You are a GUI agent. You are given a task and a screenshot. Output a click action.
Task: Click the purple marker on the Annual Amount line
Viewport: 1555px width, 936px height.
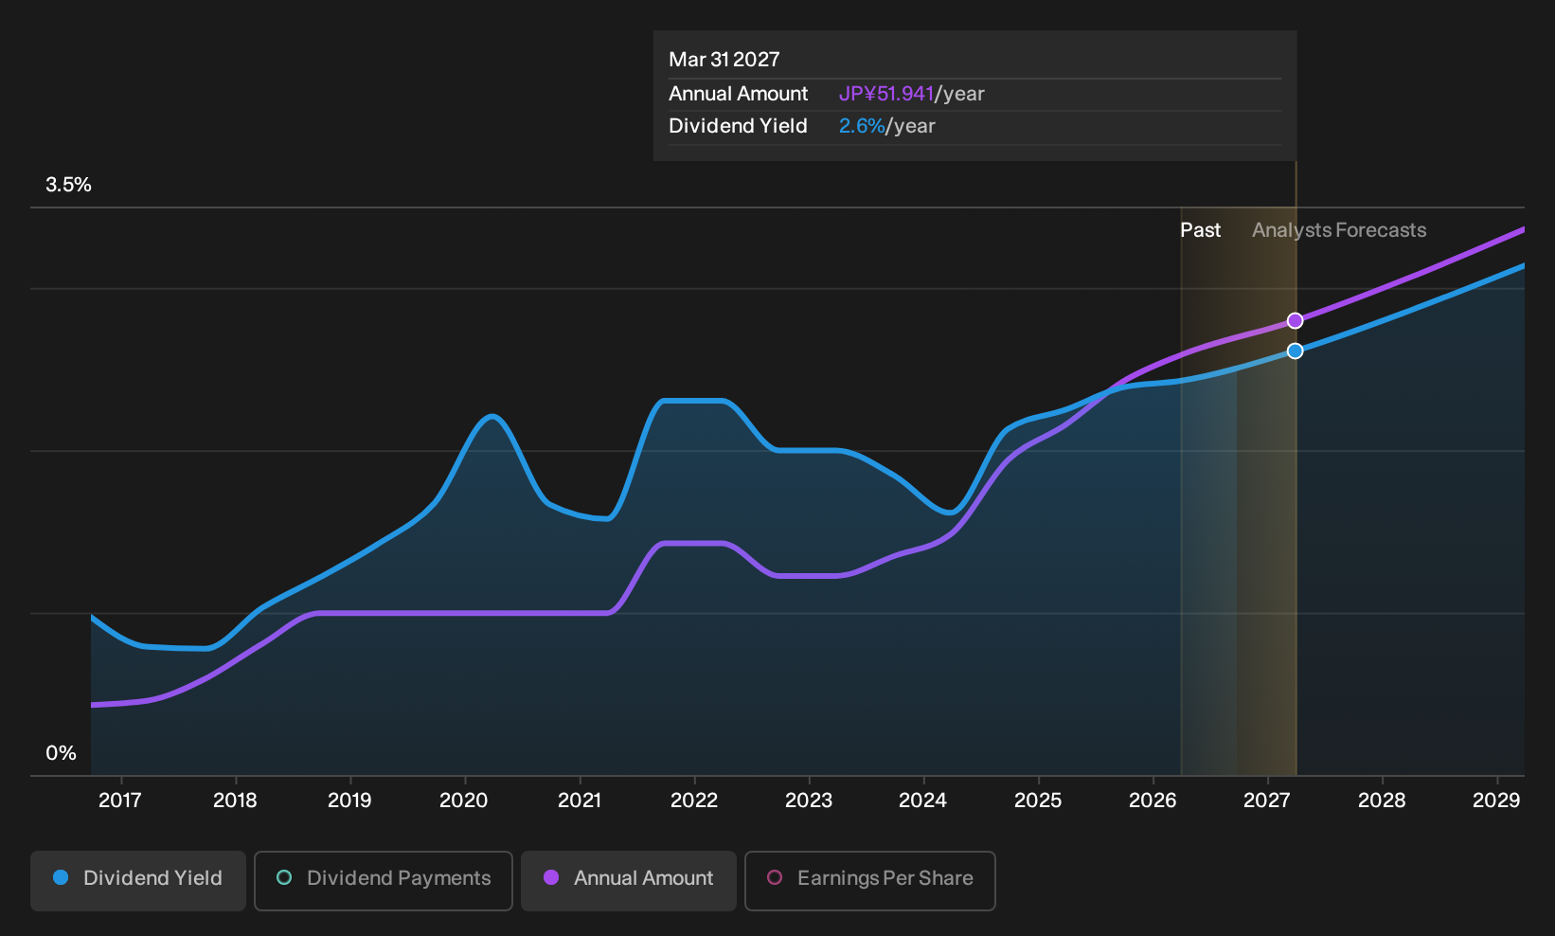click(x=1295, y=321)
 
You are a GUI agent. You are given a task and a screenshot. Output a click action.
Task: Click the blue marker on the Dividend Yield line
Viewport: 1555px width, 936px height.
click(x=1295, y=351)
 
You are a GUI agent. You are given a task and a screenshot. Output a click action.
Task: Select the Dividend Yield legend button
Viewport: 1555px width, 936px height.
click(x=138, y=880)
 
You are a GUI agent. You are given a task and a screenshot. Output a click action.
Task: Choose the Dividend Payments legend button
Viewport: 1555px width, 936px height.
click(x=384, y=880)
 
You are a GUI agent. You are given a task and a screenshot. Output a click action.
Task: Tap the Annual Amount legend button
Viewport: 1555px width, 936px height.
click(x=628, y=880)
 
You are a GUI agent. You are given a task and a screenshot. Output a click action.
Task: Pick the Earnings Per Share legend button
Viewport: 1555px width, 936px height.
click(x=869, y=880)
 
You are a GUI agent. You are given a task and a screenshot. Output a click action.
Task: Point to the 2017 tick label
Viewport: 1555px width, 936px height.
click(x=120, y=801)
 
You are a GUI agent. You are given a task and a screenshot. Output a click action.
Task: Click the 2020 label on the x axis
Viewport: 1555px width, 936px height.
click(x=464, y=801)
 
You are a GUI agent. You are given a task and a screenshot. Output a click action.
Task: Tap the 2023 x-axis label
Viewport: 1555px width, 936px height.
click(x=809, y=801)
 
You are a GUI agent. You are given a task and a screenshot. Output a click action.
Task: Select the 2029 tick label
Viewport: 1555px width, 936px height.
click(x=1496, y=801)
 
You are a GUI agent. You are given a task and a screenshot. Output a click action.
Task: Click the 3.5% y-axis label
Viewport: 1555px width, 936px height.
click(x=68, y=185)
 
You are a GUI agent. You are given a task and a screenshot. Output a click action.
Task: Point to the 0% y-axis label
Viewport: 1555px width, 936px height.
click(x=62, y=753)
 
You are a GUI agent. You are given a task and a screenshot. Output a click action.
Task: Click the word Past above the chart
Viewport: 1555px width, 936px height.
click(x=1200, y=230)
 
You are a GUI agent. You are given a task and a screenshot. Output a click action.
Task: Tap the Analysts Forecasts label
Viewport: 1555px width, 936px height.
click(x=1339, y=230)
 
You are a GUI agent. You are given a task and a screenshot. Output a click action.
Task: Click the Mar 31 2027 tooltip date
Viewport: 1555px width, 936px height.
click(x=724, y=60)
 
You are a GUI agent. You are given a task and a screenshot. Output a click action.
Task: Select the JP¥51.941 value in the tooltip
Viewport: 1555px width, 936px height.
click(x=886, y=94)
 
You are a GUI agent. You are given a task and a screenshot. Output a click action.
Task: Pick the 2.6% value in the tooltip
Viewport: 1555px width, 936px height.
click(x=862, y=126)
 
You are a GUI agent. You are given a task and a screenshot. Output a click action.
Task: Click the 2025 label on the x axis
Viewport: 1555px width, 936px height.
click(x=1038, y=801)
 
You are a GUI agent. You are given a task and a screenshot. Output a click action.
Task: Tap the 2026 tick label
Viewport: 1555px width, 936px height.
click(x=1153, y=801)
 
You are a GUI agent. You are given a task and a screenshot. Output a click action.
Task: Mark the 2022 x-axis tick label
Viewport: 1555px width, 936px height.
click(x=693, y=801)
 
